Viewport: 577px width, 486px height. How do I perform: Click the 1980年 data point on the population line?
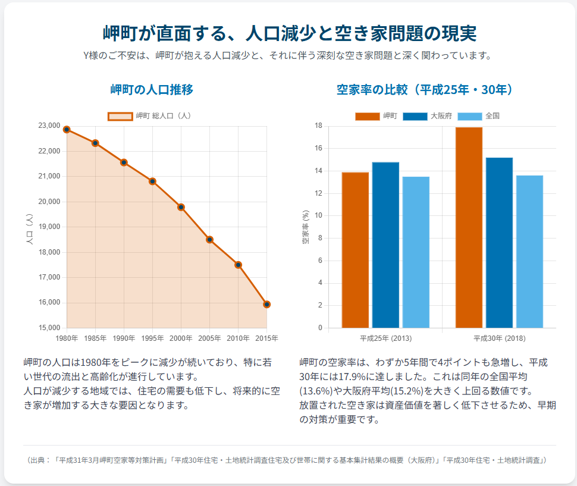67,129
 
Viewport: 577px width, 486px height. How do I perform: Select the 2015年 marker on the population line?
267,305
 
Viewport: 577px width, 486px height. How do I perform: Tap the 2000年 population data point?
181,207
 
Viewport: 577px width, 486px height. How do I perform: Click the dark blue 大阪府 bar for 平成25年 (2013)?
385,244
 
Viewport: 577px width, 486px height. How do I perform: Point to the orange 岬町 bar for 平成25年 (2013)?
355,250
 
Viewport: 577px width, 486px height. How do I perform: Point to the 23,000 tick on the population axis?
49,126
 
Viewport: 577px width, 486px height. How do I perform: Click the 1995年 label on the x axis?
152,338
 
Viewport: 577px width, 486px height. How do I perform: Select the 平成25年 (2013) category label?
385,338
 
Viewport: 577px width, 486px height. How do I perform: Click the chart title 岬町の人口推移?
152,90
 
